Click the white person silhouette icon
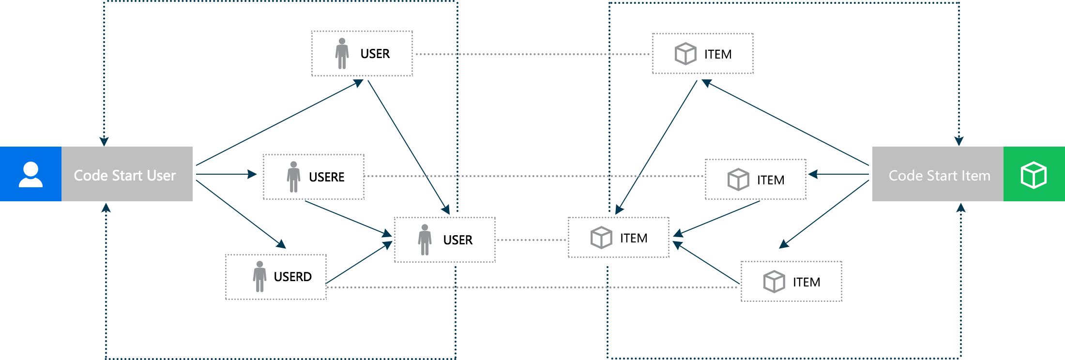pos(30,174)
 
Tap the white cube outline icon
pos(1034,175)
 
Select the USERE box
pos(313,177)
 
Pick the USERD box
pos(275,277)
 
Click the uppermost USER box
pos(362,53)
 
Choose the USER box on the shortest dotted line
pos(444,240)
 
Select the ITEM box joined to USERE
pos(755,179)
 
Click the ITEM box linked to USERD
pos(791,281)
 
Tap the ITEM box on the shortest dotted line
pos(618,237)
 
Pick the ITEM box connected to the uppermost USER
pos(702,53)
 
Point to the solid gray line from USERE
pos(532,176)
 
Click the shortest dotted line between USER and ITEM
pos(532,240)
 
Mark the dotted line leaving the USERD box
pos(532,287)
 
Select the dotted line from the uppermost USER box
pos(532,54)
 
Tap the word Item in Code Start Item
pos(976,175)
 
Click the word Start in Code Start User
pos(127,175)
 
